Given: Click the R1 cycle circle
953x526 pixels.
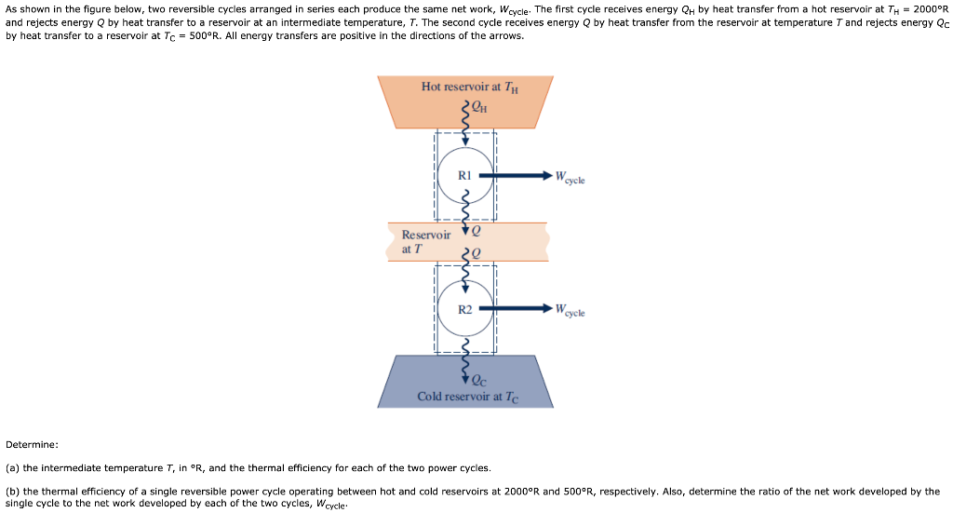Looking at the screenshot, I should [x=465, y=174].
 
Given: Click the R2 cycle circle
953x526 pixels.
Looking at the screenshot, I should [x=465, y=309].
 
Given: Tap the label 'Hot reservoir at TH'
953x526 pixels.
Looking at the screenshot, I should [x=469, y=87].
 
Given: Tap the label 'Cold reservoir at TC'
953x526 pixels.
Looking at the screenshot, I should [x=467, y=397].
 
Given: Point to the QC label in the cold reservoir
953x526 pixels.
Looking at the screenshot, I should [x=479, y=379].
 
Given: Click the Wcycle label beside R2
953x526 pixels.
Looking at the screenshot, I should [x=570, y=312].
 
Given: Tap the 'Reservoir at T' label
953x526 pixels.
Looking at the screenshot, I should [x=425, y=242].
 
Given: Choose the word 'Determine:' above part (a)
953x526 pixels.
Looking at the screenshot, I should [x=32, y=444].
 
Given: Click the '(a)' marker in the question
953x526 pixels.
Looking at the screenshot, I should [x=13, y=467].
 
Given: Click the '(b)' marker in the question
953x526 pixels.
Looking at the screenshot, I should [x=13, y=491].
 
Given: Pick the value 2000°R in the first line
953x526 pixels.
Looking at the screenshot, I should [x=930, y=9].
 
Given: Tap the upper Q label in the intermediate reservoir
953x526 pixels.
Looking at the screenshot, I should [x=477, y=229].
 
